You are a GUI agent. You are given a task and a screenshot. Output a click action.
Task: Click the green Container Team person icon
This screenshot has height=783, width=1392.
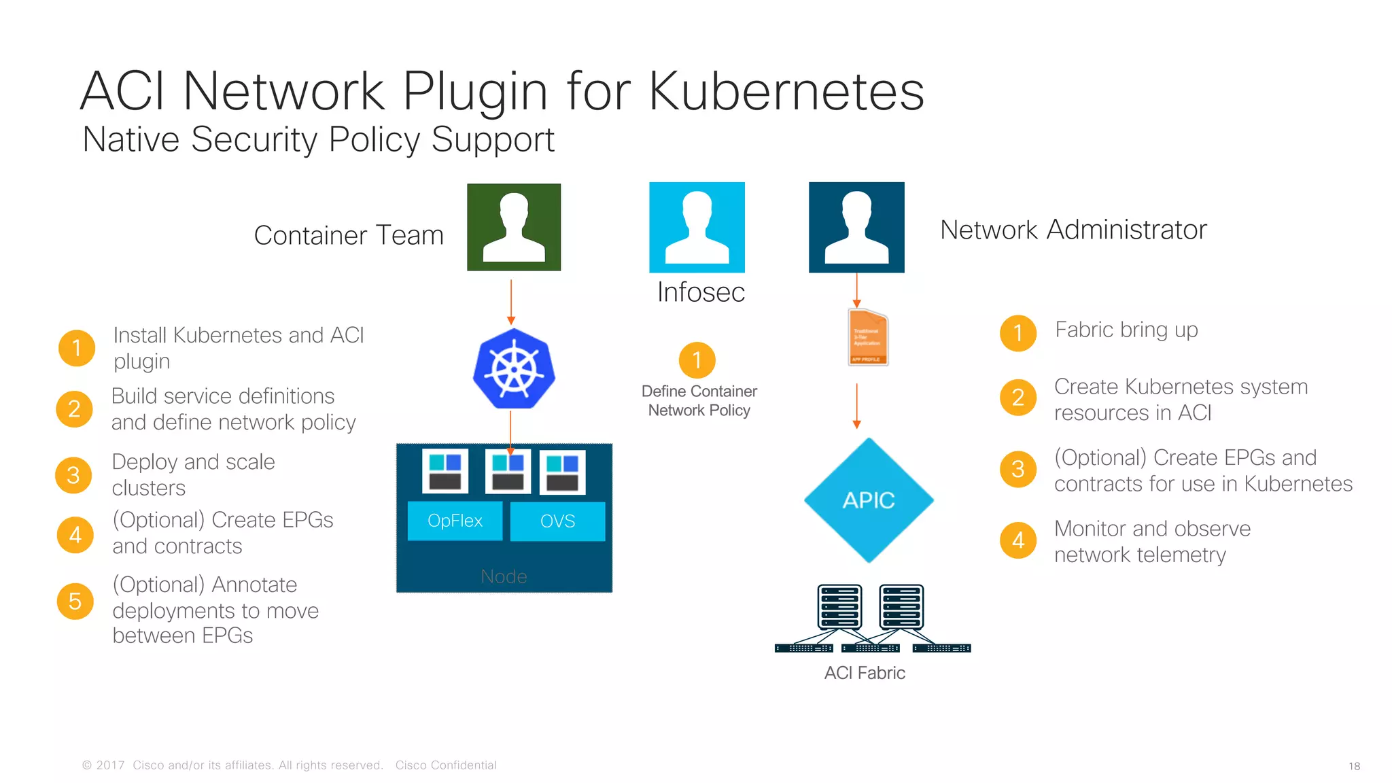coord(514,227)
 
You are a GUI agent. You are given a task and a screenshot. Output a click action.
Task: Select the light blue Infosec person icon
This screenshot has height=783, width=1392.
coord(697,227)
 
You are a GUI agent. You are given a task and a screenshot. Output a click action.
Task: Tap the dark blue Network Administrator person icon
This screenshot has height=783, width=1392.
coord(856,227)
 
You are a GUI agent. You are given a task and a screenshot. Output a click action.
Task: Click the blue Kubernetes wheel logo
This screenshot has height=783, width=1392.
coord(514,369)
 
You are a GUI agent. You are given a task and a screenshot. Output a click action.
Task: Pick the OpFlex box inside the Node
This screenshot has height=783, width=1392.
coord(455,521)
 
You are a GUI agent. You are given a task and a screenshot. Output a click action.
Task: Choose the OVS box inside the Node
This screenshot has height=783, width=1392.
coord(557,521)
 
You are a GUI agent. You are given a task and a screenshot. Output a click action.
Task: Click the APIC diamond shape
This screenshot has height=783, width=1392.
coord(869,500)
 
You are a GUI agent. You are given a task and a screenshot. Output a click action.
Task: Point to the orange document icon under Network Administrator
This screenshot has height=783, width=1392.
coord(868,338)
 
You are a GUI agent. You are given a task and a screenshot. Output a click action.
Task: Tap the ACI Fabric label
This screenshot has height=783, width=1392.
coord(865,673)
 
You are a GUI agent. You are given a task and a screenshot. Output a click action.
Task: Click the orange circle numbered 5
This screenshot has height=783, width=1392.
coord(75,602)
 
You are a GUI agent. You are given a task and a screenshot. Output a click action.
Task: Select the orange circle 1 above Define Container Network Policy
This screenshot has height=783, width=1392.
coord(697,360)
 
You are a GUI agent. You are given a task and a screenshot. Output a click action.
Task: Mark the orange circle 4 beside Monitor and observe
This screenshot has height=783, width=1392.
coord(1018,540)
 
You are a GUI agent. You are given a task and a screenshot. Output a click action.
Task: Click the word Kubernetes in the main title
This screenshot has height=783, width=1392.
coord(786,91)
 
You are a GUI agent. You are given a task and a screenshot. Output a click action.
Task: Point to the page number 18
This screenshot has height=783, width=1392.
coord(1354,766)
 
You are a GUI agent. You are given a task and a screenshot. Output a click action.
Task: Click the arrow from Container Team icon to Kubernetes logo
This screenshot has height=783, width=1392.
coord(511,301)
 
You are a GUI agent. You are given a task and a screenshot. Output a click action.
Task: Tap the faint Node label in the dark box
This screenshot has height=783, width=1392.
coord(504,576)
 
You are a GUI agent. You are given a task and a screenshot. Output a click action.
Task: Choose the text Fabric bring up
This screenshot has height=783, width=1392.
coord(1126,330)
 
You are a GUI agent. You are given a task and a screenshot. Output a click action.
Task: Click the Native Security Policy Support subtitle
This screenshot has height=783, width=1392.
coord(318,140)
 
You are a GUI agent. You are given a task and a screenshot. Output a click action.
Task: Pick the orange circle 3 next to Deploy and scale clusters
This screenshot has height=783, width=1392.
coord(73,474)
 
